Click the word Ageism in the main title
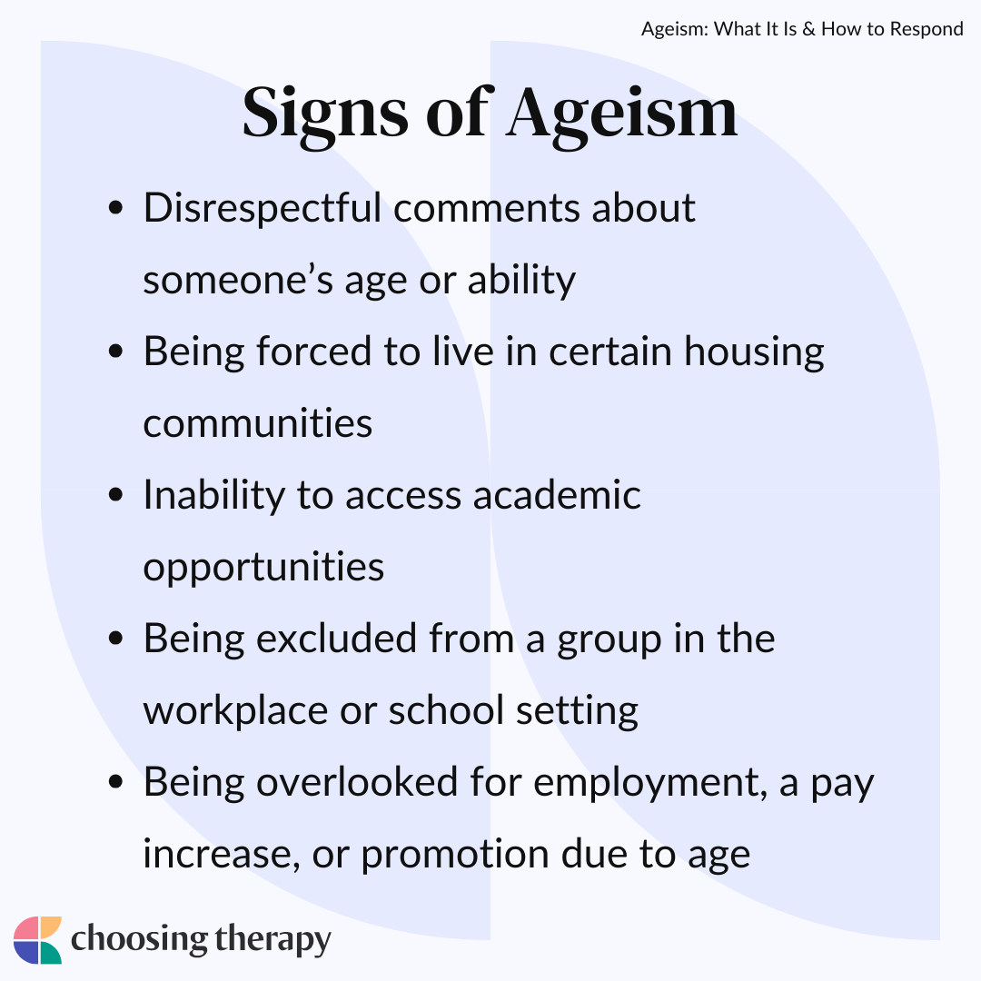click(622, 114)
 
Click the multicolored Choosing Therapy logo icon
click(37, 940)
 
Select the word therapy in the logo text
click(272, 941)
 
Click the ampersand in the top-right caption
click(809, 29)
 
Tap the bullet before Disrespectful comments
click(115, 208)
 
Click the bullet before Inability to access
click(115, 495)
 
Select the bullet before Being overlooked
click(115, 782)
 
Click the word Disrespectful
click(263, 209)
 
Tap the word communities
click(258, 423)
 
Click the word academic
click(557, 495)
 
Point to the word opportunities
click(263, 568)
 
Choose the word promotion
click(455, 856)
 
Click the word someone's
click(238, 280)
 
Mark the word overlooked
click(357, 782)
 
